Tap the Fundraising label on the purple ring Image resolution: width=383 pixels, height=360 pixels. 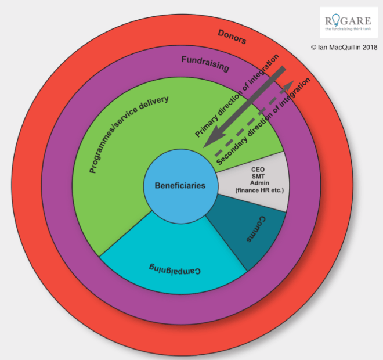click(x=205, y=63)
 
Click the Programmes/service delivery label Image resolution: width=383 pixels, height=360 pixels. click(x=129, y=134)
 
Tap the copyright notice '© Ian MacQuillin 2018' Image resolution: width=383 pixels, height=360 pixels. click(x=344, y=47)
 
